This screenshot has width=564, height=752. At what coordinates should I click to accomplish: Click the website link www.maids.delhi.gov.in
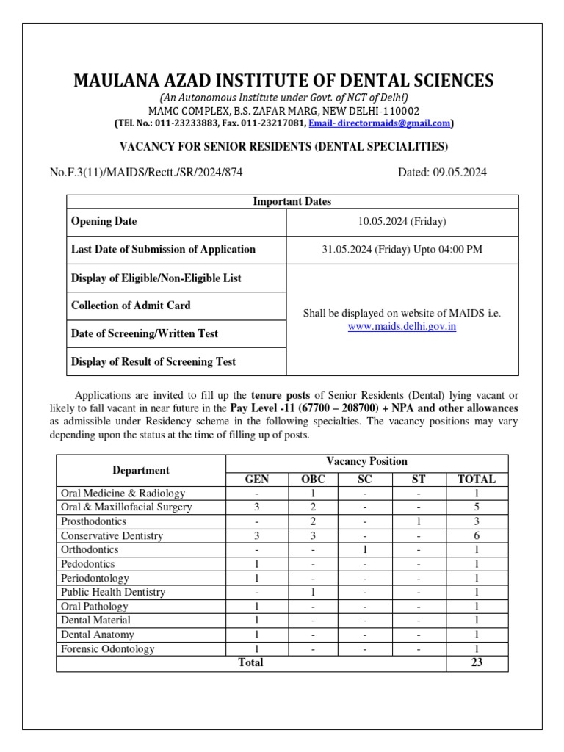(x=402, y=326)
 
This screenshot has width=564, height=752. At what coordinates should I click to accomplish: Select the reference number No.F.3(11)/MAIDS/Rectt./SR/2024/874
(x=146, y=173)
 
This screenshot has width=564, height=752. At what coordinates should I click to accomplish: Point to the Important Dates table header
(x=292, y=201)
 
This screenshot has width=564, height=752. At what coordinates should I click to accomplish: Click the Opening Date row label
(x=104, y=221)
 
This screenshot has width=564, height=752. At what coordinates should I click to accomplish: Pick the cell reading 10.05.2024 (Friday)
(x=402, y=221)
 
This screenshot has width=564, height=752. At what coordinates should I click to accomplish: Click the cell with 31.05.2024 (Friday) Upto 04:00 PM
(x=402, y=249)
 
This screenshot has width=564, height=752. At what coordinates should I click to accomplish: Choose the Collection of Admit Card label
(x=131, y=305)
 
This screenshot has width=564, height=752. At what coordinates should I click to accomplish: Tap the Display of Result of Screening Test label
(x=153, y=361)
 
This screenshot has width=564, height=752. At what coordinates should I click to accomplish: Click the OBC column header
(x=313, y=479)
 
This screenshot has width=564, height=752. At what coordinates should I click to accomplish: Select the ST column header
(x=419, y=479)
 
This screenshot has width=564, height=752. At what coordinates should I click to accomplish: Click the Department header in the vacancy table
(x=141, y=470)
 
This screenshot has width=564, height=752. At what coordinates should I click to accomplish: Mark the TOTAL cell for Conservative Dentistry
(x=477, y=536)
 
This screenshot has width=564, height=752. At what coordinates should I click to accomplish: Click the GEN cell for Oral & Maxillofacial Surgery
(x=256, y=507)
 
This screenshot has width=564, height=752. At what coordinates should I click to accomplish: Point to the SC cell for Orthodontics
(x=365, y=550)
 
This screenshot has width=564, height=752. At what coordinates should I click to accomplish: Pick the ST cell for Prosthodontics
(x=419, y=521)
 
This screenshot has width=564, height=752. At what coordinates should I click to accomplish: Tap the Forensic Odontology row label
(x=108, y=649)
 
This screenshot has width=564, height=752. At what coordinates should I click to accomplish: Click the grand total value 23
(x=477, y=662)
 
